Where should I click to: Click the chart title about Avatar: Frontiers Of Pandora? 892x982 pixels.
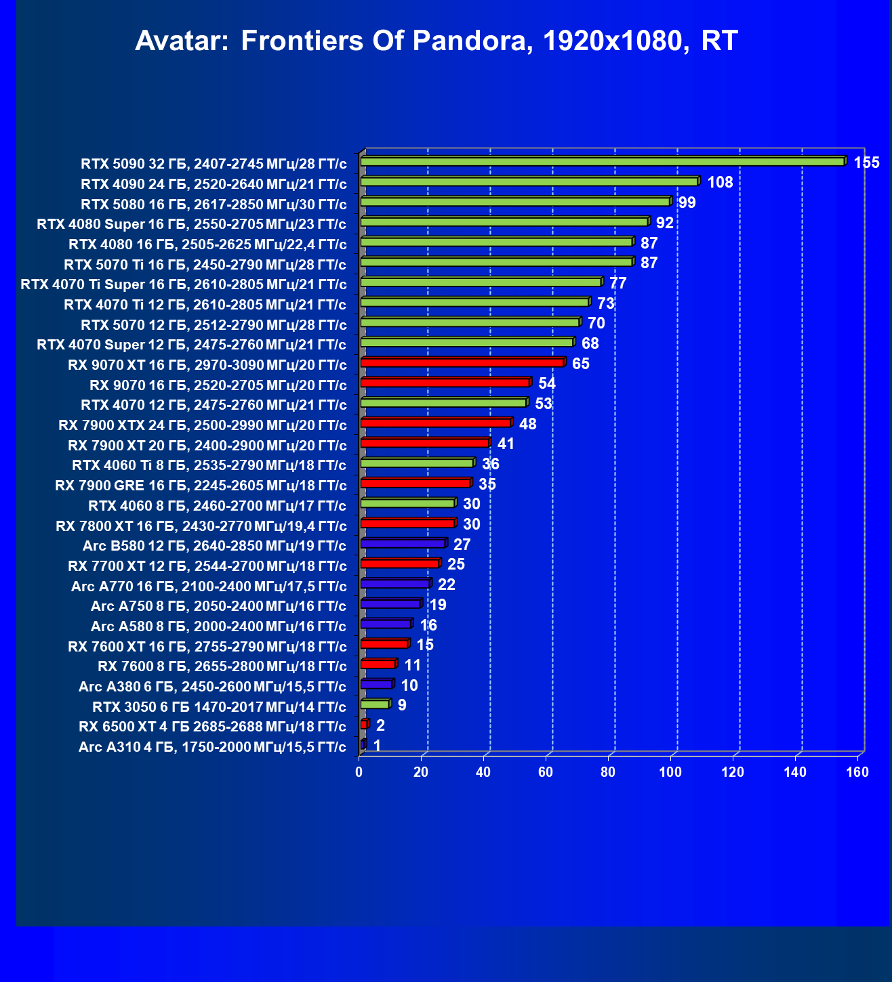tap(436, 41)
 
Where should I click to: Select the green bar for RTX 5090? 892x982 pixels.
tap(602, 162)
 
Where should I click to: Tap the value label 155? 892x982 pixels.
tap(866, 163)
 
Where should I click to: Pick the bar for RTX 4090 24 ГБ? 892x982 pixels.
tap(529, 182)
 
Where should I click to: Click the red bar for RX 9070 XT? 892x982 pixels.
tap(462, 363)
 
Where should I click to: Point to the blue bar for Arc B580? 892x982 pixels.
tap(403, 544)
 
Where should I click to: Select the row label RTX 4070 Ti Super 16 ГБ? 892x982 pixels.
tap(184, 284)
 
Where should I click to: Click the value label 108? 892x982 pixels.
tap(720, 182)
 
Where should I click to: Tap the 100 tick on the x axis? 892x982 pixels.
tap(670, 772)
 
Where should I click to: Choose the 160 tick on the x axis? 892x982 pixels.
tap(857, 772)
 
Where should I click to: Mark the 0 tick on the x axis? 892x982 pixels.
tap(359, 772)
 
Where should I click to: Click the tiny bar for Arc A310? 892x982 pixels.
tap(363, 745)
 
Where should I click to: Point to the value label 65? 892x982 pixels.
tap(581, 364)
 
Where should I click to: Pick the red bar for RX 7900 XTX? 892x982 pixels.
tap(436, 423)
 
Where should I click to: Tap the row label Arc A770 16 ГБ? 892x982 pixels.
tap(209, 586)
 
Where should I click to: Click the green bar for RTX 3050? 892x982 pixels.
tap(375, 704)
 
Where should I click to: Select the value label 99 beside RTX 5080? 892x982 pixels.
tap(687, 202)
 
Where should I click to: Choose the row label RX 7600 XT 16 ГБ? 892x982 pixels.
tap(207, 647)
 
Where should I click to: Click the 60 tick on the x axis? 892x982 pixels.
tap(546, 772)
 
